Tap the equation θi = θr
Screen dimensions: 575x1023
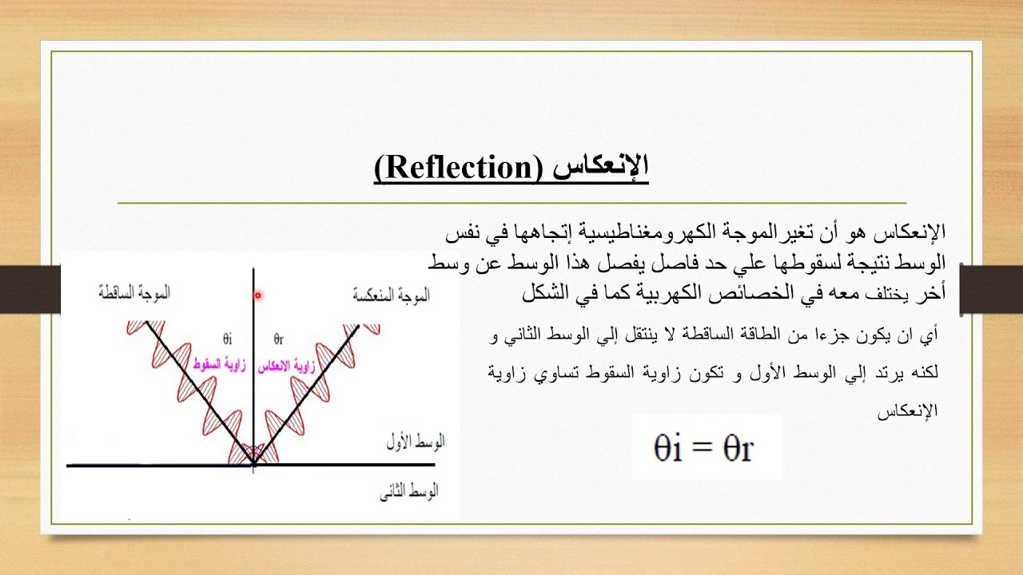click(704, 448)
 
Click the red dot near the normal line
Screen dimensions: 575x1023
click(258, 295)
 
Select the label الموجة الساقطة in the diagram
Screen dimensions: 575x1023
click(134, 293)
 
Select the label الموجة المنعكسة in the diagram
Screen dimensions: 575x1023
click(391, 295)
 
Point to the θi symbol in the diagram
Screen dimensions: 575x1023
click(228, 338)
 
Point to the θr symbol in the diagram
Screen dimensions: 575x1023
click(279, 338)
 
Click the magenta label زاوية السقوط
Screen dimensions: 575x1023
click(220, 364)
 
